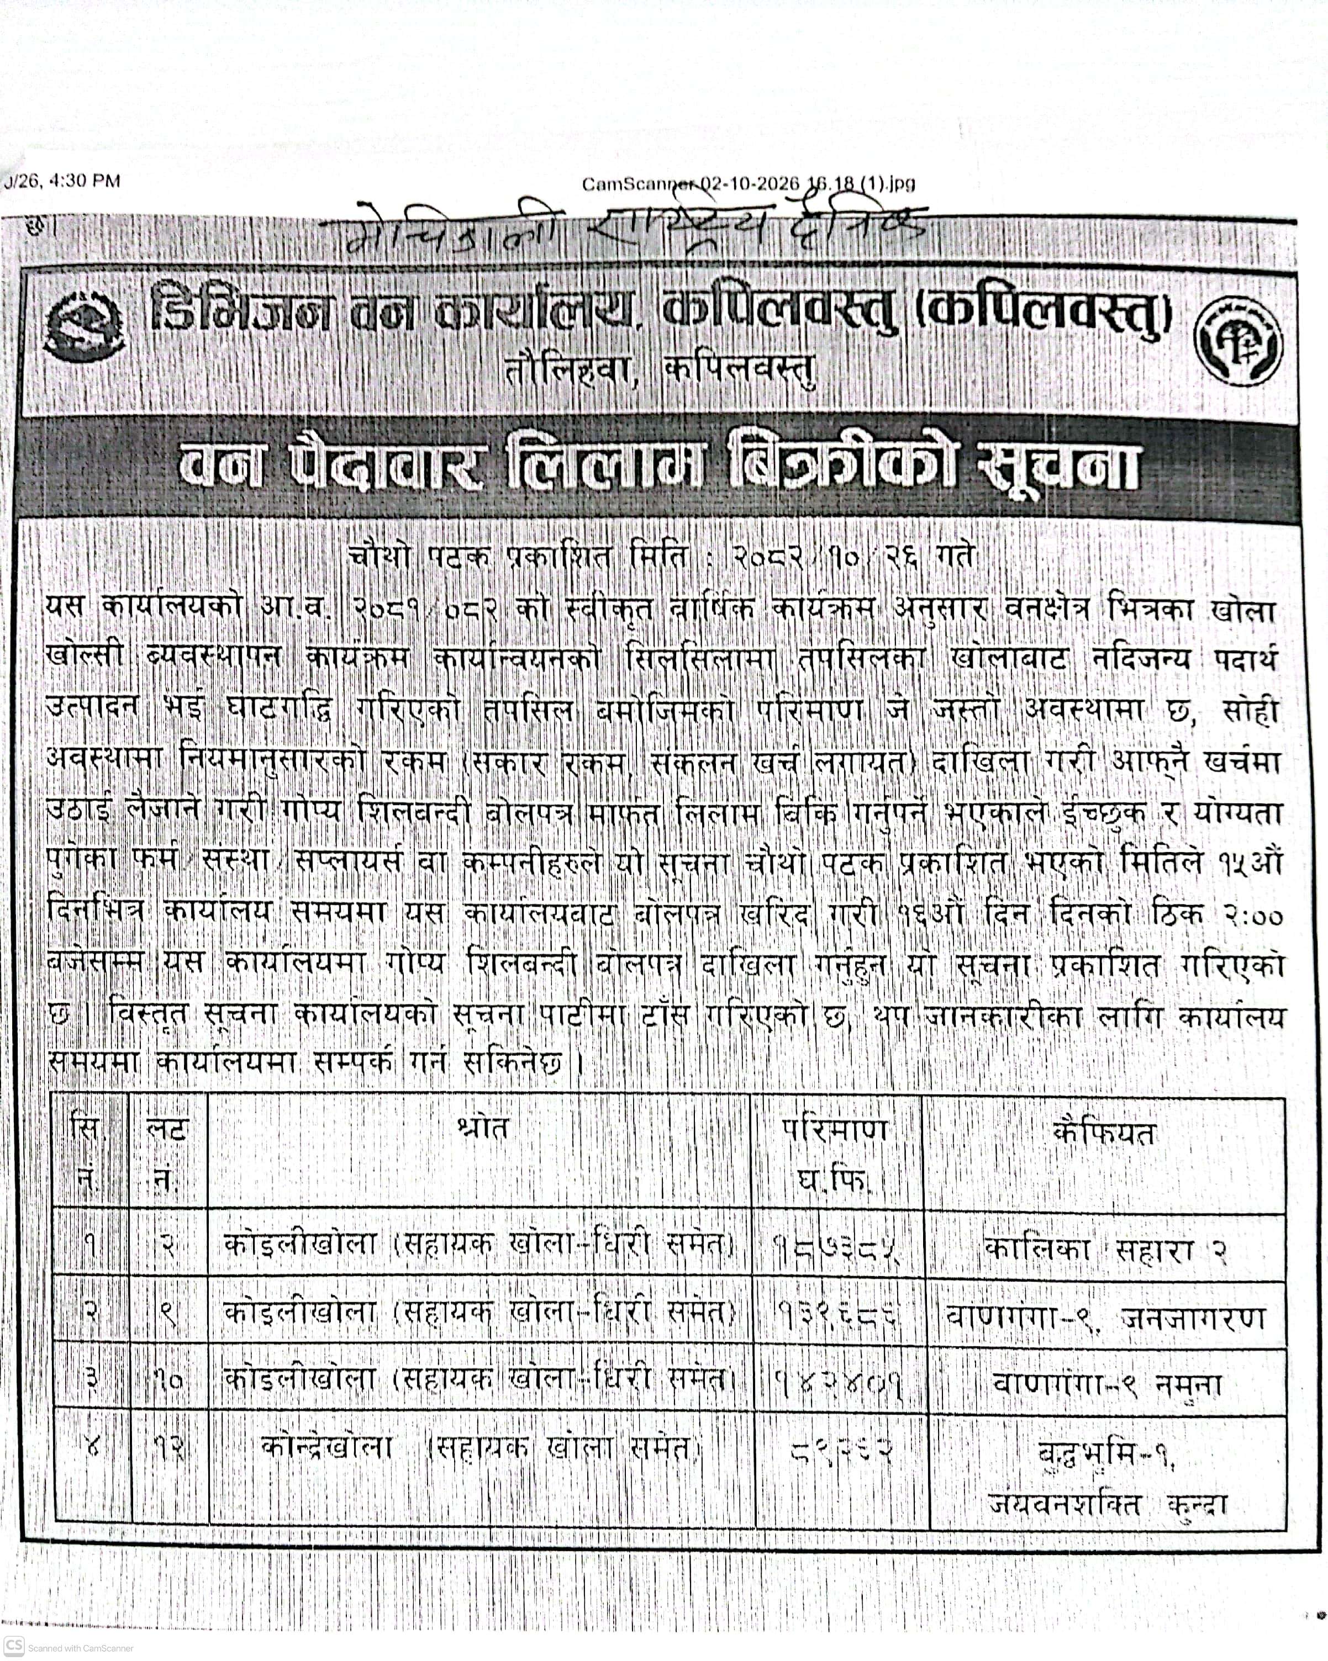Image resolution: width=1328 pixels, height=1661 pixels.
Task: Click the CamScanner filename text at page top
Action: tap(747, 184)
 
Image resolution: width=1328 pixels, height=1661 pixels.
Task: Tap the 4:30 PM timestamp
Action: tap(85, 181)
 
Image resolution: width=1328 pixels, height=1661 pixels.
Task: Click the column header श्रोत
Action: tap(481, 1129)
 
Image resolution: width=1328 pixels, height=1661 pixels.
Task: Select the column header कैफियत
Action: tap(1104, 1133)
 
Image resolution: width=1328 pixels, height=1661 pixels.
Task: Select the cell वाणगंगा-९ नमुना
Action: tap(1105, 1384)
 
